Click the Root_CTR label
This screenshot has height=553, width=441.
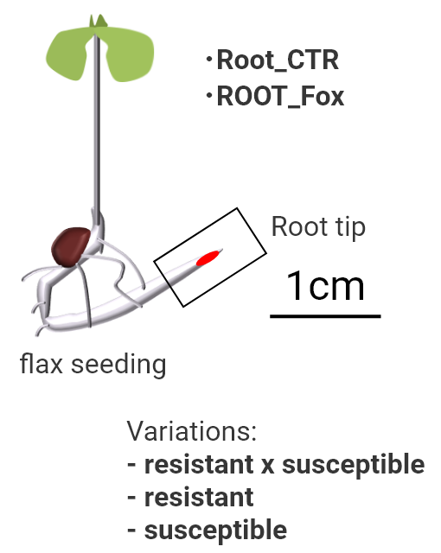click(278, 60)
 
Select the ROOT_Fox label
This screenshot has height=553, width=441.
click(280, 96)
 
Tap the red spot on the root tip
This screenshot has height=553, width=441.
click(208, 257)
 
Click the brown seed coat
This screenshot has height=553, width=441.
click(71, 246)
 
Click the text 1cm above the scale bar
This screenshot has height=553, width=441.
click(325, 286)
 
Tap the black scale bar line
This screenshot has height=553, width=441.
click(325, 316)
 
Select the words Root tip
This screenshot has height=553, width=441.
click(318, 227)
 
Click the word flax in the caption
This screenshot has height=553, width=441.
click(42, 364)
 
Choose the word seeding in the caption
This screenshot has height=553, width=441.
click(118, 365)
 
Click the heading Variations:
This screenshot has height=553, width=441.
click(192, 430)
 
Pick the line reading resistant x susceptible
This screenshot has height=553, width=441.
click(276, 465)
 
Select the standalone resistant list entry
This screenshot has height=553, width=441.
click(190, 498)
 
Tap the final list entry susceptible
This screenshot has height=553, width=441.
click(207, 531)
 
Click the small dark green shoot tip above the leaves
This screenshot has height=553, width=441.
click(99, 21)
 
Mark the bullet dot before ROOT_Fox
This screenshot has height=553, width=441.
click(209, 95)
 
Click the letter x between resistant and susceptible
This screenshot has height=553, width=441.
click(268, 466)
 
